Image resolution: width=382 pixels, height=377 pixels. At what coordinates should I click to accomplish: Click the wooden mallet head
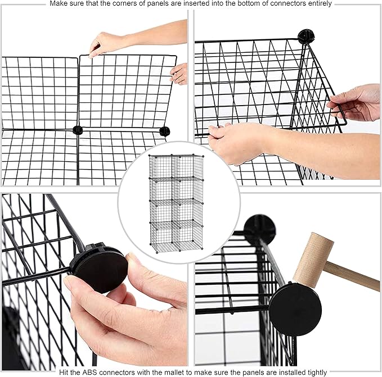point(313,260)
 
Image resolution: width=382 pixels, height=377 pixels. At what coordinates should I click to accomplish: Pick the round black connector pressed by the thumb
point(100,268)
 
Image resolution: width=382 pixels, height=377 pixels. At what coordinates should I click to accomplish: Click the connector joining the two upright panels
point(78,130)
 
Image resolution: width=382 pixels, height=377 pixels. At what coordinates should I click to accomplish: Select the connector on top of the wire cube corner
point(305,36)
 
